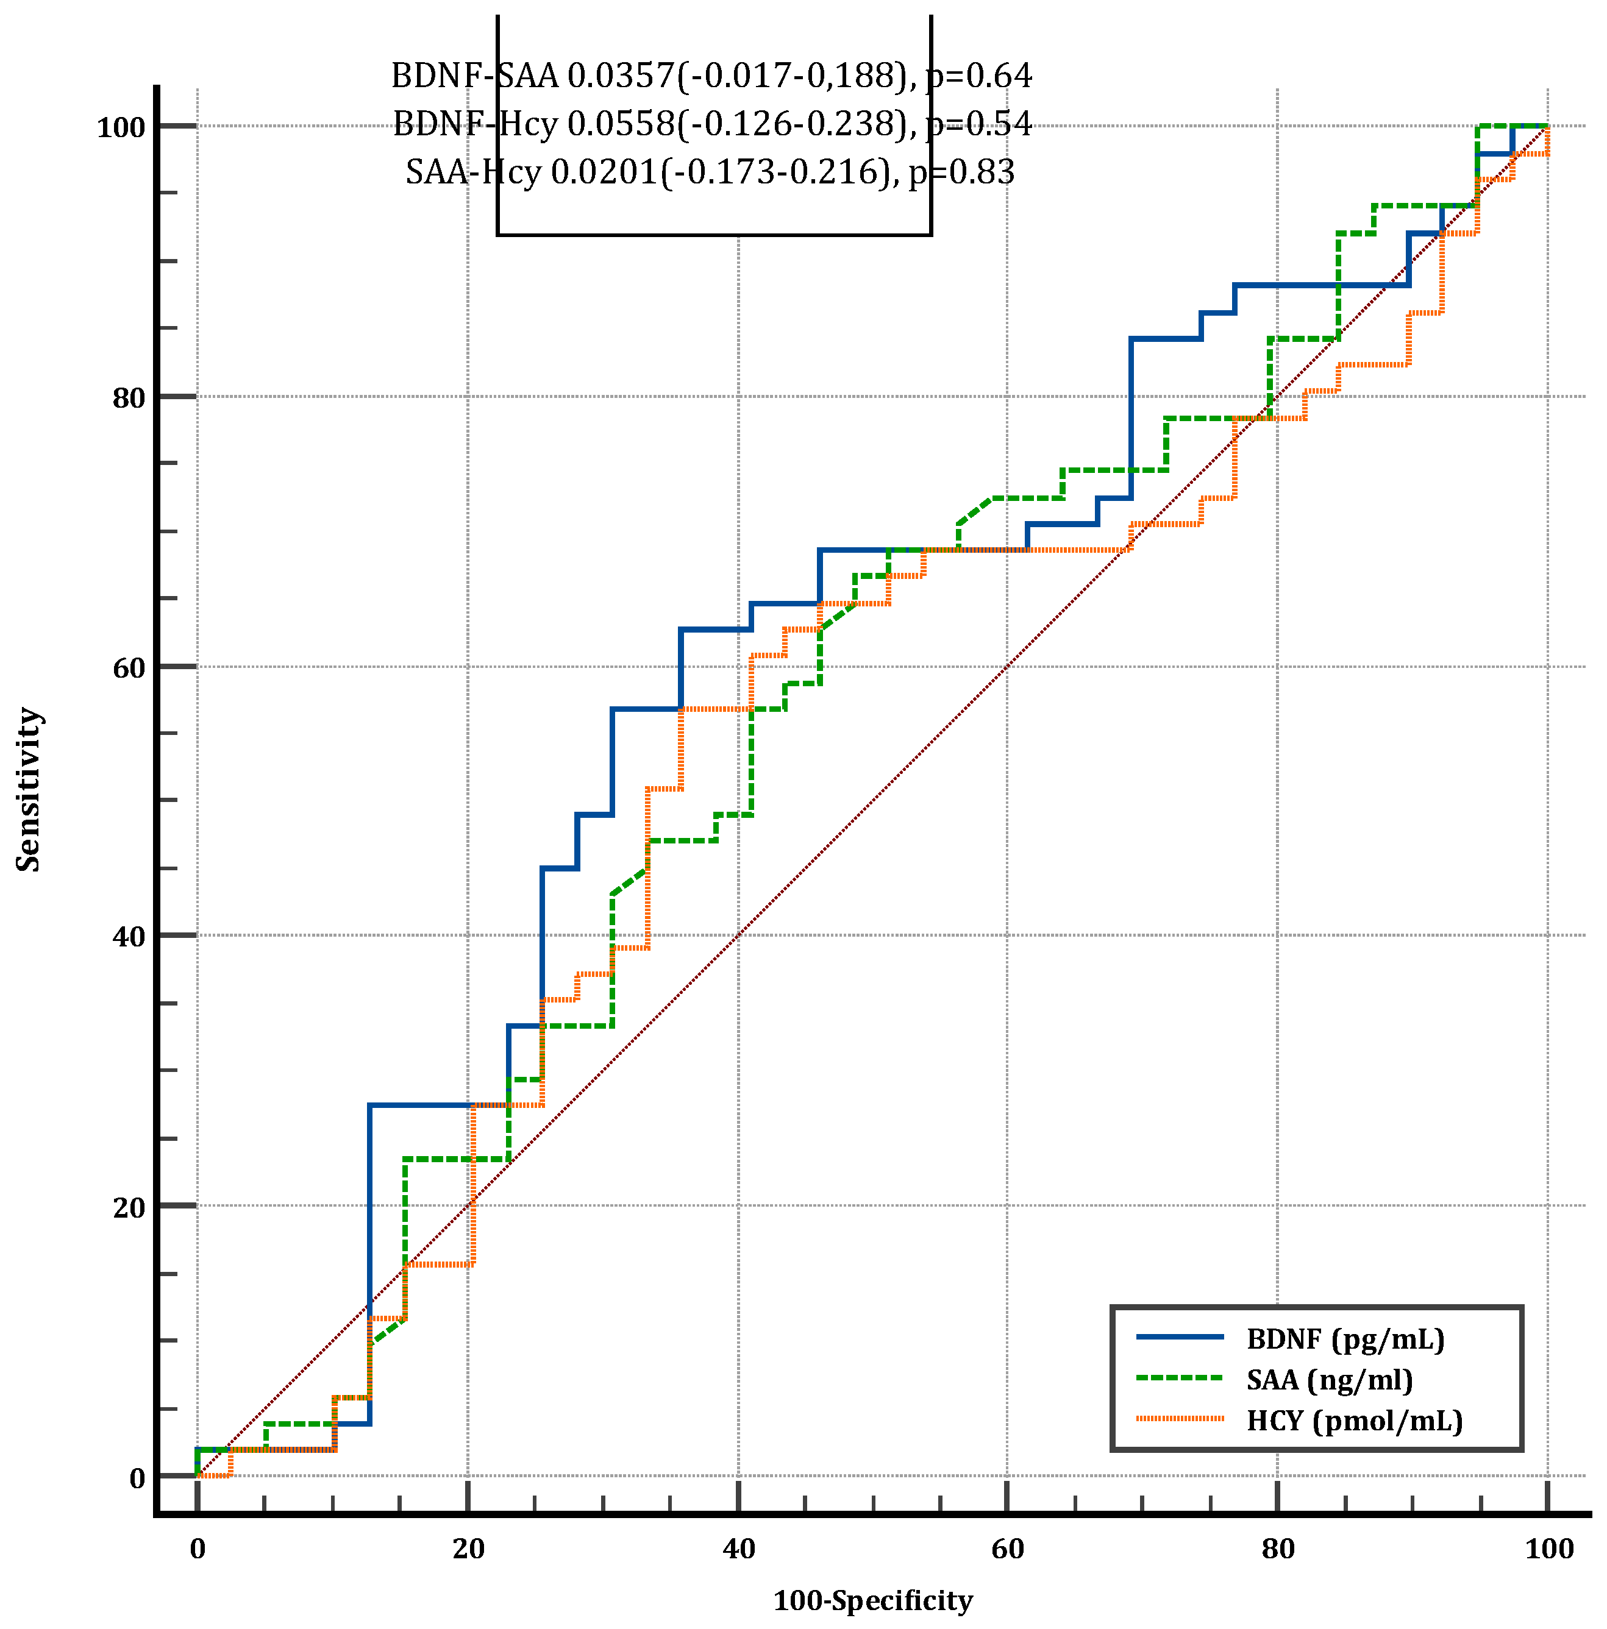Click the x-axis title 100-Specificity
point(872,1600)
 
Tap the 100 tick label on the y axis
point(121,128)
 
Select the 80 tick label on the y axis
point(129,398)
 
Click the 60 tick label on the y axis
point(129,668)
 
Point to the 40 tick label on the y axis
point(129,937)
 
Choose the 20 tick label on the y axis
point(129,1207)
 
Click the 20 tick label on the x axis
point(468,1549)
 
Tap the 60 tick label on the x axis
point(1007,1549)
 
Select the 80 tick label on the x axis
point(1277,1549)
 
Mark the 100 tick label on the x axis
point(1549,1549)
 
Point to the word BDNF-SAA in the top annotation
point(475,76)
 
